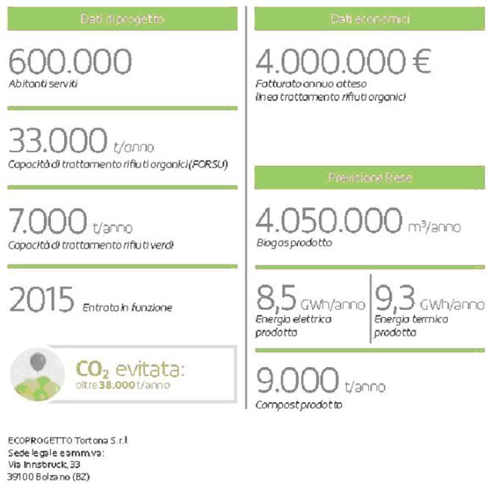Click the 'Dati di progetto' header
[123, 19]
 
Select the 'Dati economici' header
[370, 19]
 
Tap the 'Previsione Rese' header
[370, 178]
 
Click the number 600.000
[70, 62]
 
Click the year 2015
[41, 301]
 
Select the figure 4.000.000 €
[343, 62]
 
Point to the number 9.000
[297, 380]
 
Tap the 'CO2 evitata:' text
[130, 369]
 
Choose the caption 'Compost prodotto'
[299, 404]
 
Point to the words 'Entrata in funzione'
[127, 307]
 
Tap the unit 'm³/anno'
[434, 226]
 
